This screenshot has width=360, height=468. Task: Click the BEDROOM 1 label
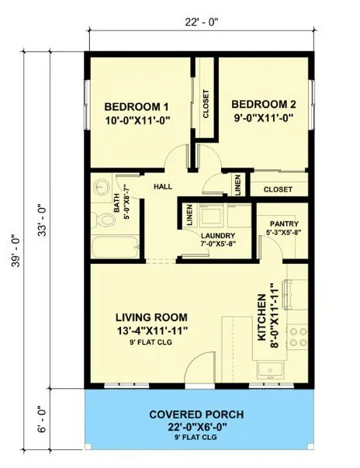137,106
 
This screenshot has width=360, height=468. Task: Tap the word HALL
161,186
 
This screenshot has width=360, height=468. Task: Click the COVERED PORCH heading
198,414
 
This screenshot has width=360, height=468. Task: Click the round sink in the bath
100,187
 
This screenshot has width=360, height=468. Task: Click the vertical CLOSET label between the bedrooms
206,103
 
